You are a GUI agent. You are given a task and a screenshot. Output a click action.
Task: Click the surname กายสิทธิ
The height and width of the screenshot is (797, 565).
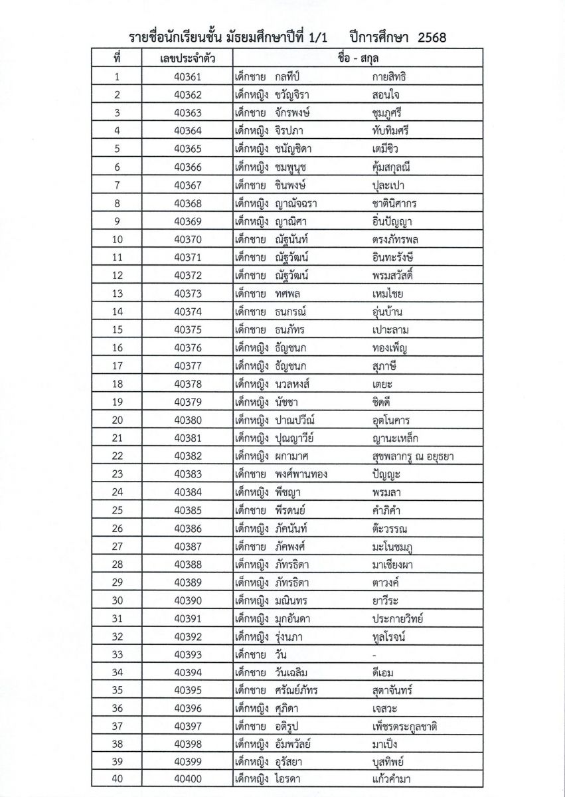point(395,77)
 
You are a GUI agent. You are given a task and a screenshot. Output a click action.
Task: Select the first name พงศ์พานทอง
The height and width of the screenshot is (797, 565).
point(301,474)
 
